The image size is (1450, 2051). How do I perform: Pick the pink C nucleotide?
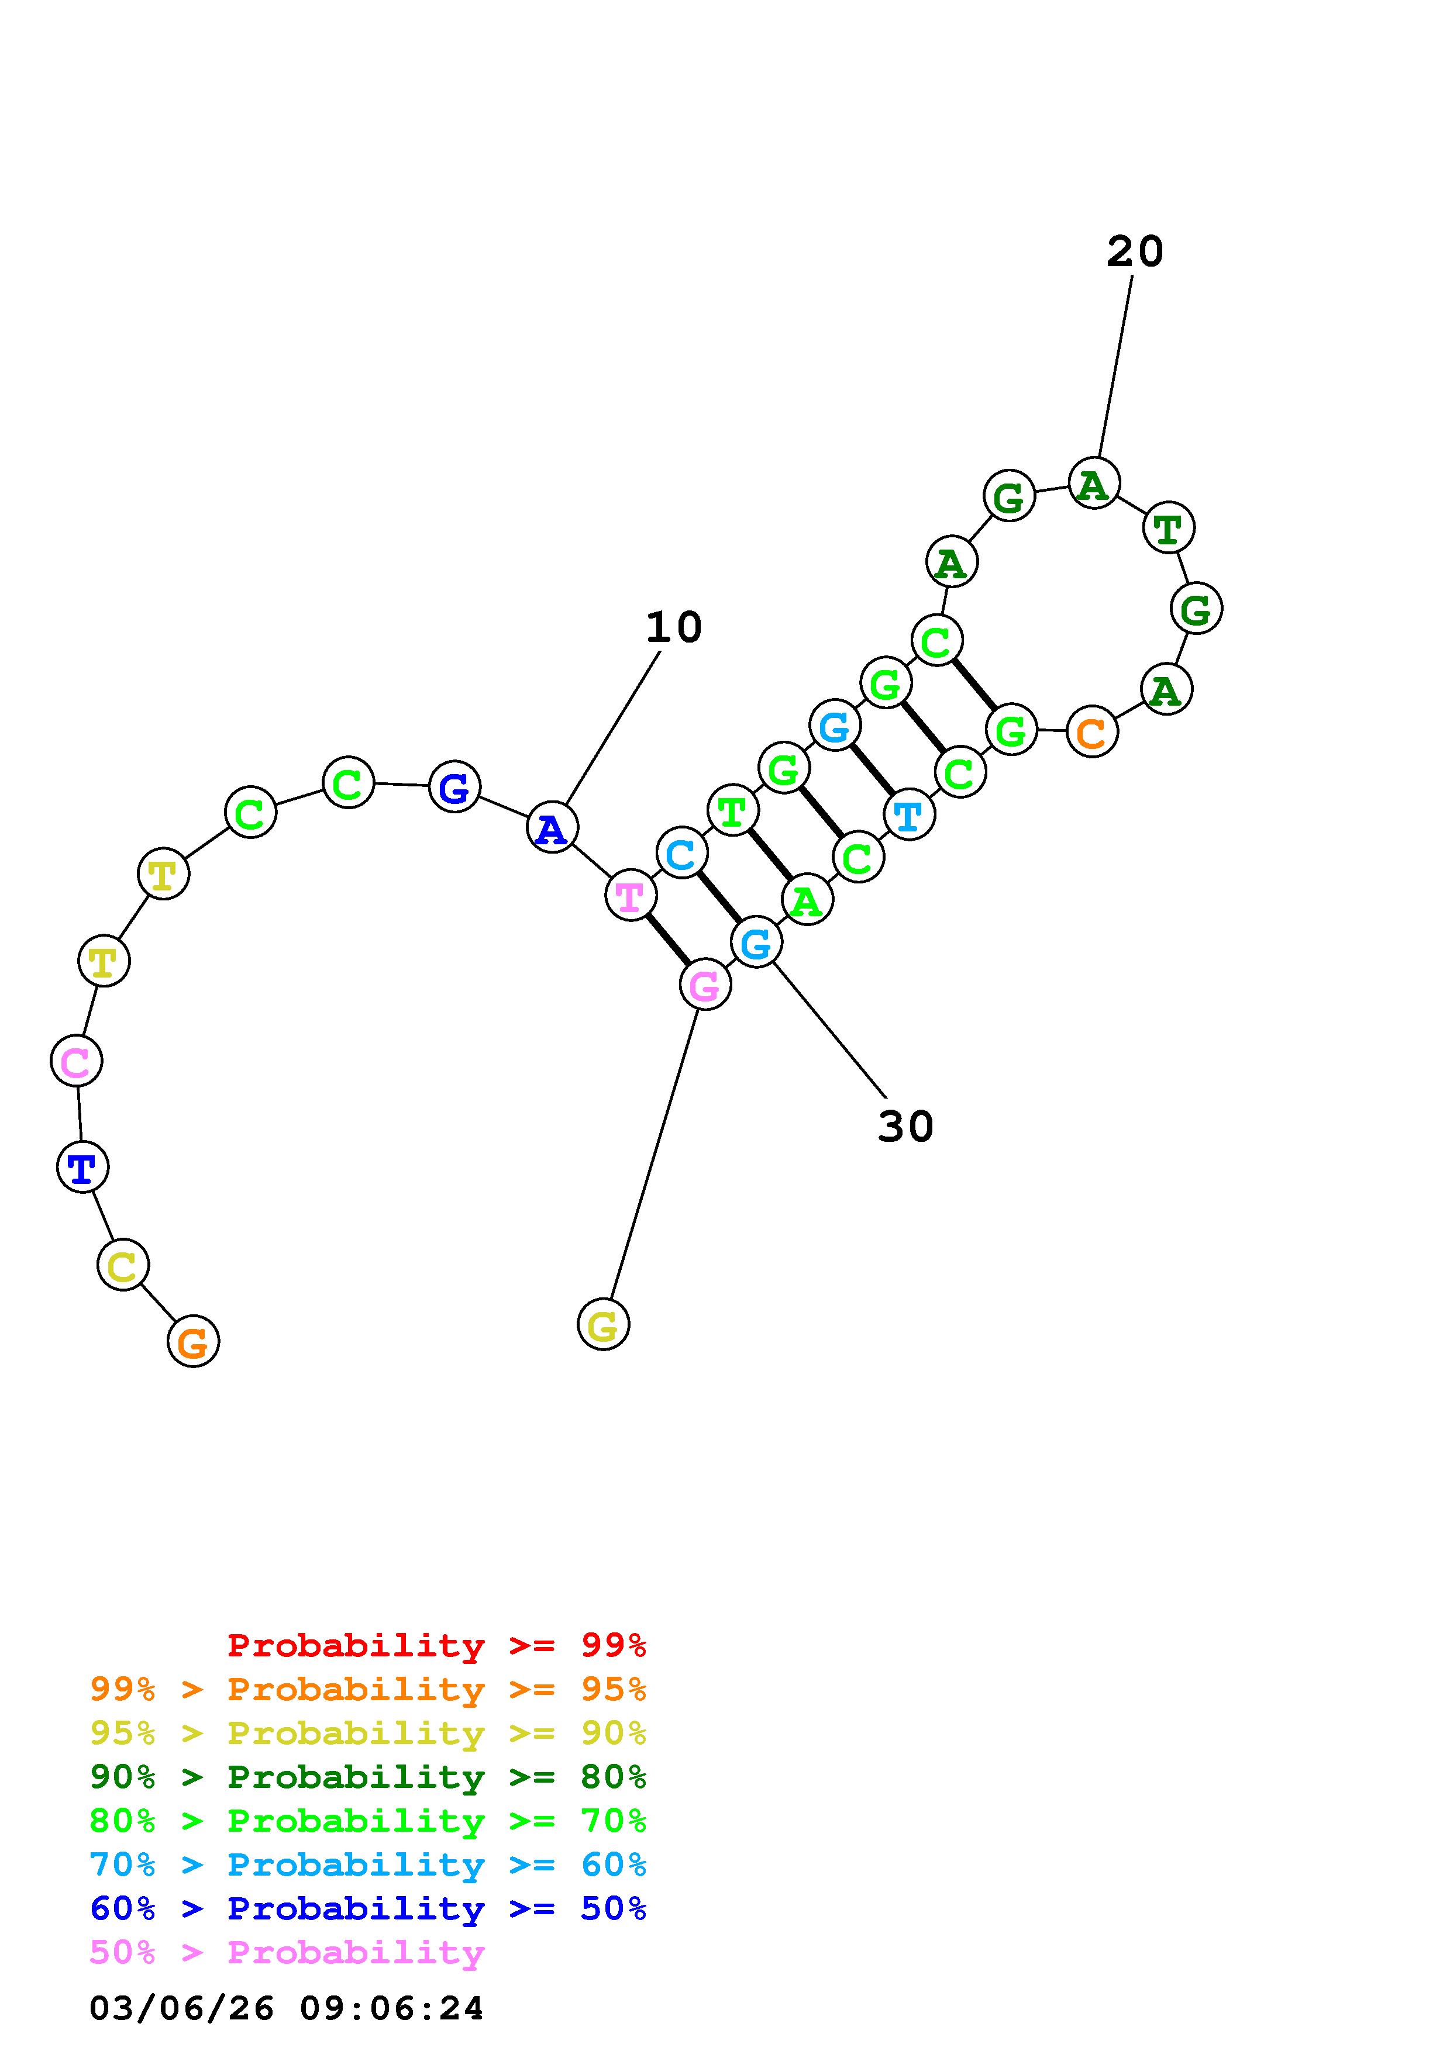pyautogui.click(x=76, y=1061)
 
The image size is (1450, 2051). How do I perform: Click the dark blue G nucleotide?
pyautogui.click(x=454, y=787)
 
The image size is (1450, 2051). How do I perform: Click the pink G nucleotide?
pyautogui.click(x=705, y=985)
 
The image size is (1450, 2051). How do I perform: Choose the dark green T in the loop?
pyautogui.click(x=1167, y=528)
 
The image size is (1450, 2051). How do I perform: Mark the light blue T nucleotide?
pyautogui.click(x=908, y=814)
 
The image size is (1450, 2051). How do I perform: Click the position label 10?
pyautogui.click(x=674, y=628)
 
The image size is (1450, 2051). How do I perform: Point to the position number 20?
pyautogui.click(x=1135, y=252)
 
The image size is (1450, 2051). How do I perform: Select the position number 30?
pyautogui.click(x=905, y=1127)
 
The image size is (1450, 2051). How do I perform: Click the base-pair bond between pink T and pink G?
pyautogui.click(x=667, y=940)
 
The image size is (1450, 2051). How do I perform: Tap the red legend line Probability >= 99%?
pyautogui.click(x=436, y=1645)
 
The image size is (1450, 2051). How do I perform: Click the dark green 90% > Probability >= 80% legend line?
pyautogui.click(x=368, y=1777)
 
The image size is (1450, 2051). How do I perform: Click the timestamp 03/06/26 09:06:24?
pyautogui.click(x=286, y=2009)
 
